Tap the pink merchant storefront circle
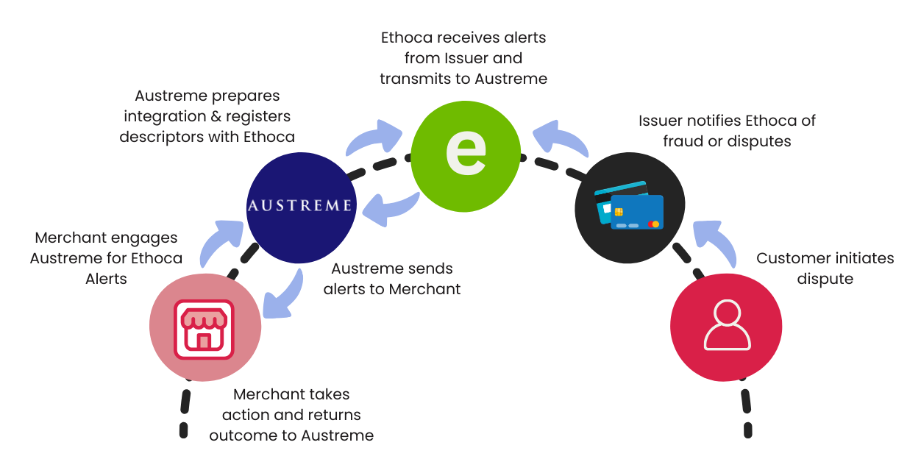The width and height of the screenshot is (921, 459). tap(205, 326)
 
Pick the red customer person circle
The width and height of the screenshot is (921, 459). tap(726, 326)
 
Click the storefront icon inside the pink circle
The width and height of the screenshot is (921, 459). tap(205, 329)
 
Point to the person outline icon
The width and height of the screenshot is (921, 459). tap(727, 325)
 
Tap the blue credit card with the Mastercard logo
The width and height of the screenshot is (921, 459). tap(636, 213)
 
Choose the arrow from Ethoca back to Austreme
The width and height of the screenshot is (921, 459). tap(390, 209)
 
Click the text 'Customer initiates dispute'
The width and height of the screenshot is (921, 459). tap(825, 268)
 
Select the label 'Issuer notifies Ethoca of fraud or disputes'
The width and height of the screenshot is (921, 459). tap(727, 130)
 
